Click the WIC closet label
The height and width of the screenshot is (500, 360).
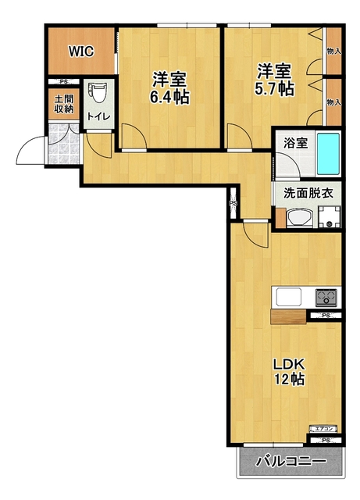coord(80,52)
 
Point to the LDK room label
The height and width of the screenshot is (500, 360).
coord(287,364)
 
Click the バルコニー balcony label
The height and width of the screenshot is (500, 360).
coord(290,462)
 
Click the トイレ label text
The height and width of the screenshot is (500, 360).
coord(98,117)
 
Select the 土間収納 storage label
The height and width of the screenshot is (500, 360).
coord(63,105)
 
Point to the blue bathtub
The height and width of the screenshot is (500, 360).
coord(329,155)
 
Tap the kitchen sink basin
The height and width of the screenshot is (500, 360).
coord(286,298)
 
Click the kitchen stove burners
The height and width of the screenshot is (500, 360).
coord(326,298)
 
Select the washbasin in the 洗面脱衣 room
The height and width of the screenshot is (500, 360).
coord(297,219)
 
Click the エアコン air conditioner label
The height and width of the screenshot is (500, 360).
coord(324,429)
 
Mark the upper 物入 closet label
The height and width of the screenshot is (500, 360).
coord(333,51)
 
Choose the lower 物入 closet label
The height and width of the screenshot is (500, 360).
coord(333,102)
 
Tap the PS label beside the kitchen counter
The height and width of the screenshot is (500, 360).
coord(325,316)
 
